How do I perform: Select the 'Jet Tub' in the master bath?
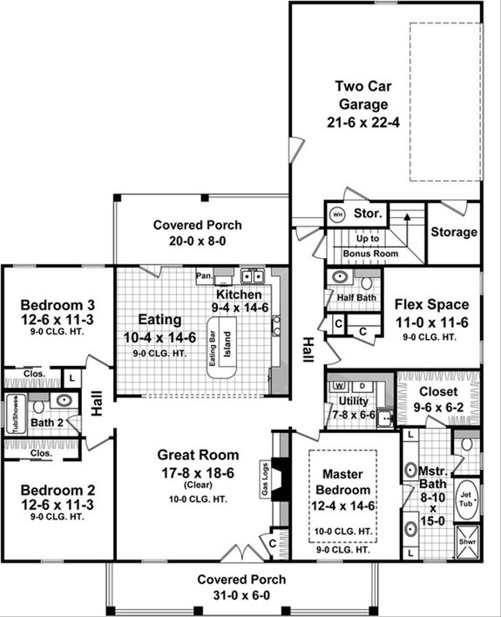[x=467, y=494]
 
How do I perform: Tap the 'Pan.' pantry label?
[x=205, y=277]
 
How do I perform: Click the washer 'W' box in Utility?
[x=336, y=386]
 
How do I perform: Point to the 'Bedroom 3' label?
[x=58, y=305]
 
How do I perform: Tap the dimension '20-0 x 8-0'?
[x=198, y=241]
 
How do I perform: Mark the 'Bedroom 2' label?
[x=58, y=503]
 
